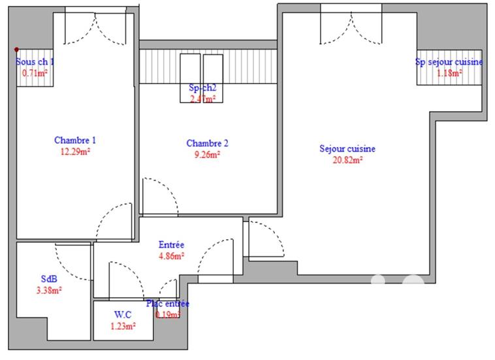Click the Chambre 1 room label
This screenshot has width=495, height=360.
tap(75, 140)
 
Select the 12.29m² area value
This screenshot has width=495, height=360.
tap(75, 152)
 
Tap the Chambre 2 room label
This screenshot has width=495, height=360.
tap(207, 143)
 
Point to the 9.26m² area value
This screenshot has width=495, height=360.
tap(207, 155)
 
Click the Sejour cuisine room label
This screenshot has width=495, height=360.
tap(347, 148)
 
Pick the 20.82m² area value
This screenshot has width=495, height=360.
tap(347, 159)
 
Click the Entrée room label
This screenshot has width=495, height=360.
tap(172, 244)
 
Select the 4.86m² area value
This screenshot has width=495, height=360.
tap(172, 256)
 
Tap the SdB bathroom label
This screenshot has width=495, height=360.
tap(49, 279)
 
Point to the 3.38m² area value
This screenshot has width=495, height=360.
tap(49, 291)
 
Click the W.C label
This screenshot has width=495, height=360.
tap(123, 314)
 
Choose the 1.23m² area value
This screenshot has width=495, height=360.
tap(123, 326)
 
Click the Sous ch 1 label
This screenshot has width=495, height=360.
tap(35, 62)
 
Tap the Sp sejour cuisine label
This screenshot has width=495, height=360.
tap(449, 62)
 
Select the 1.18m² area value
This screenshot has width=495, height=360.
tap(449, 73)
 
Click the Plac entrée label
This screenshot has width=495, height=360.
tap(168, 304)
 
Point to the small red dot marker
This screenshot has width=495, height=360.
tap(17, 50)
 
